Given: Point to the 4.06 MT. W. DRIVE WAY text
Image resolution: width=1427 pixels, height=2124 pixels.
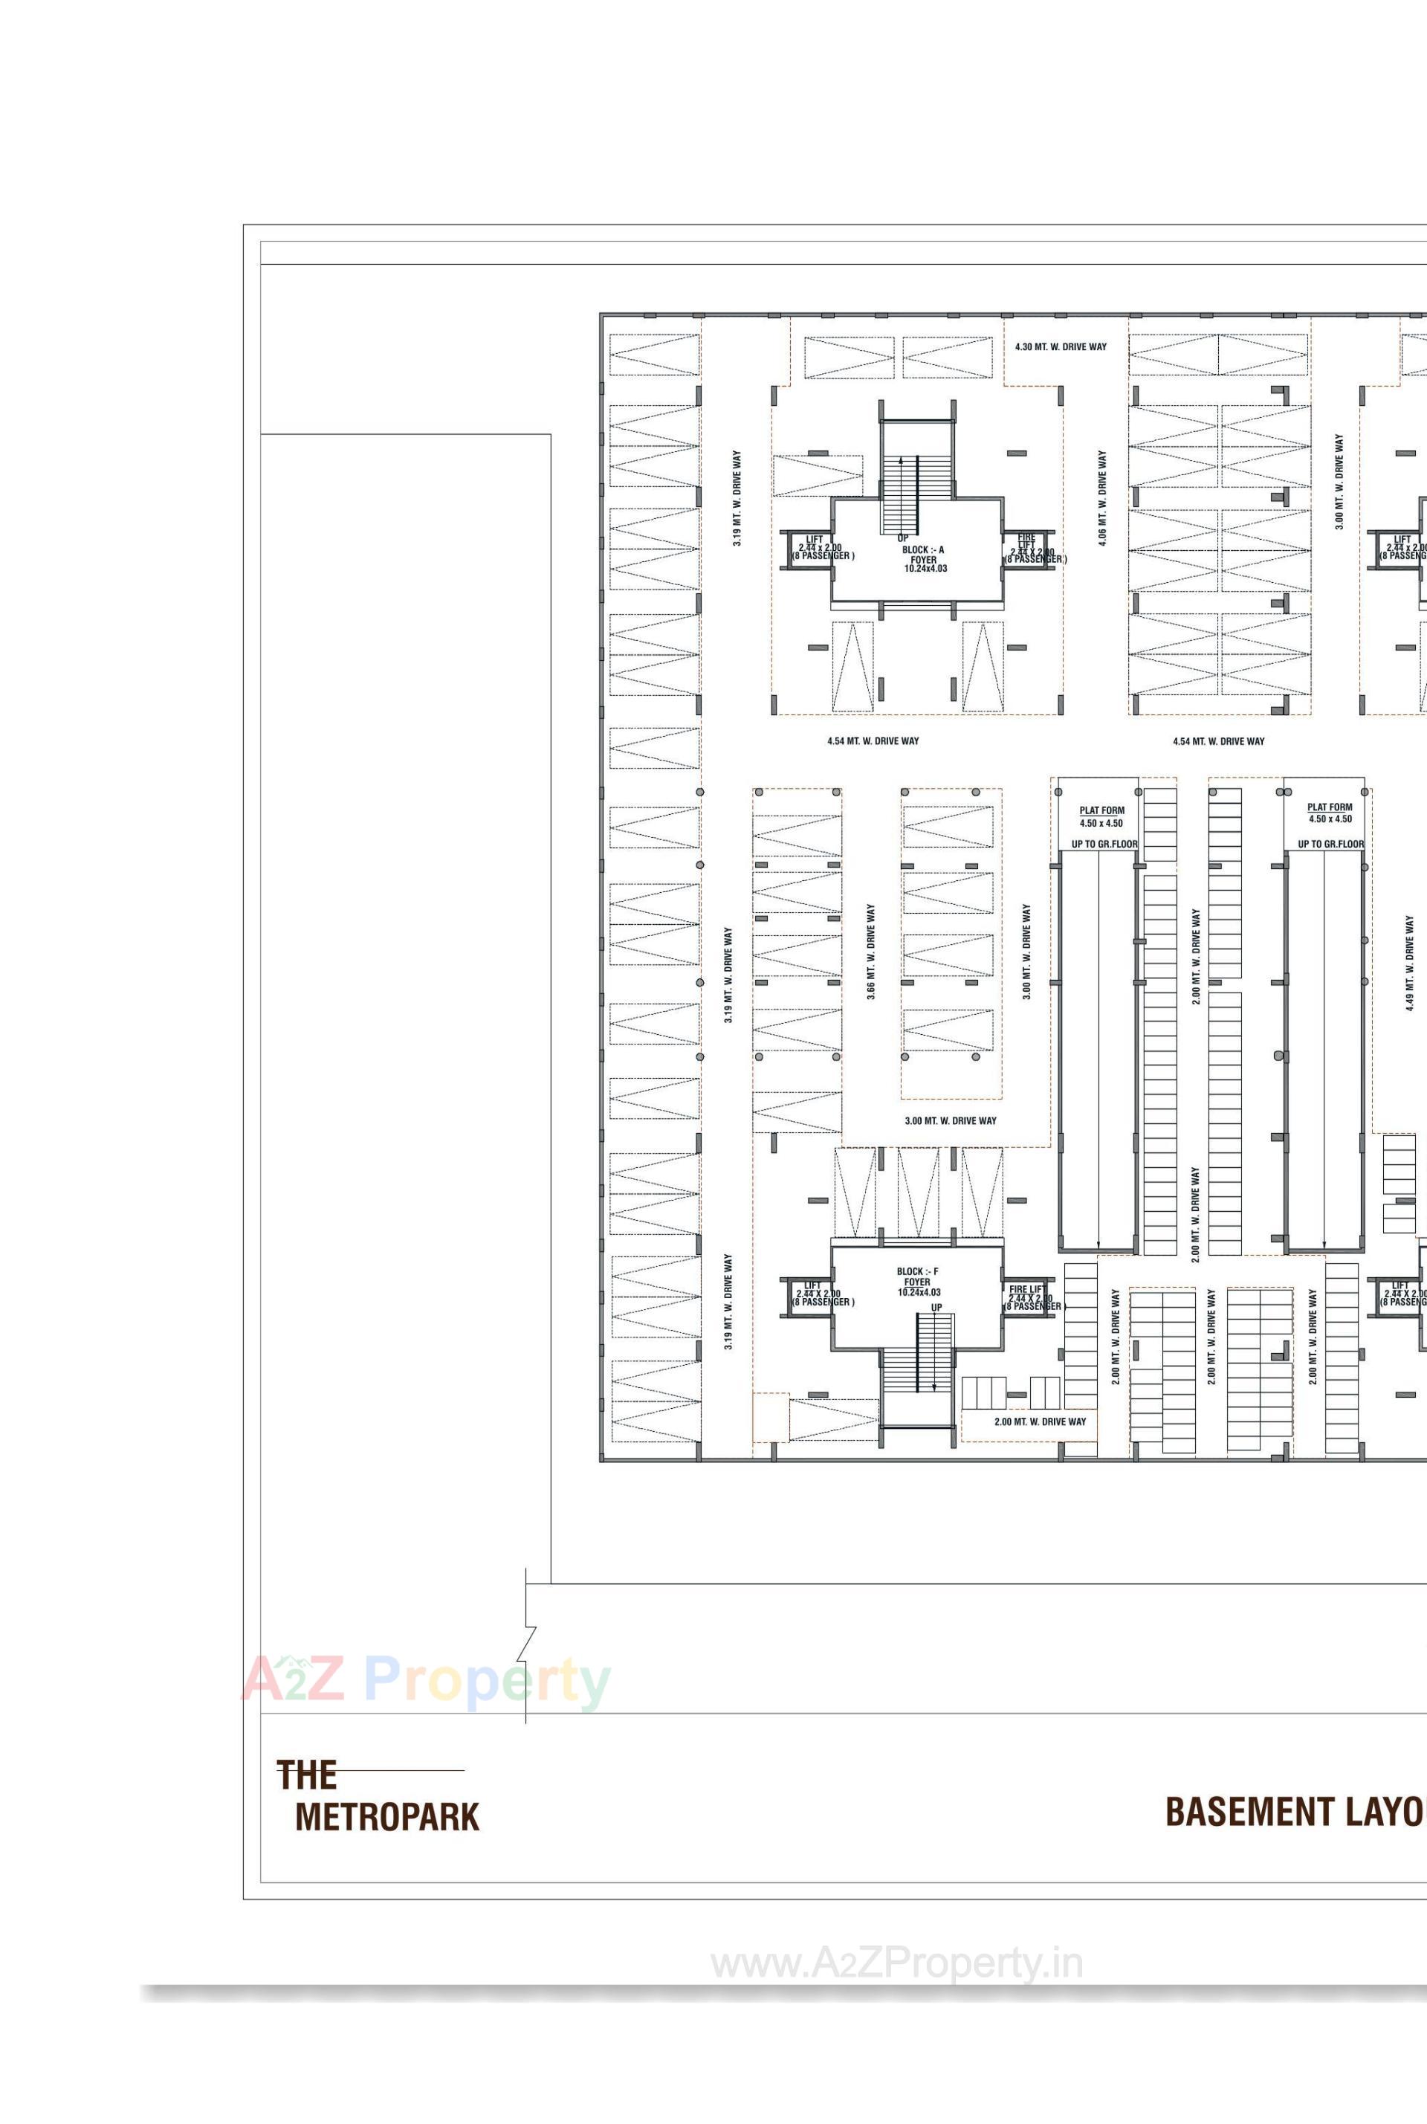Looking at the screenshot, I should tap(1102, 497).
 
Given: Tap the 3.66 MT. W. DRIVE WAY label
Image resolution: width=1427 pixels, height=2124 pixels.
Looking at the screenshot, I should tap(871, 952).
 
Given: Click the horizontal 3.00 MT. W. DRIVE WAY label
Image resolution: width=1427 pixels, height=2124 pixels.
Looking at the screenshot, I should tap(950, 1120).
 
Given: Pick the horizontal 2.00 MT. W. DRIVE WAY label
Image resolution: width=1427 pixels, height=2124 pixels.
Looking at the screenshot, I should tap(1039, 1421).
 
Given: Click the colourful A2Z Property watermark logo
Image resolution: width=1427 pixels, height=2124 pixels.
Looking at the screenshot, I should tap(425, 1679).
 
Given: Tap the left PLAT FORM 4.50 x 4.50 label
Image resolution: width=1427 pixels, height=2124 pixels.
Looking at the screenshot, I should tap(1101, 816).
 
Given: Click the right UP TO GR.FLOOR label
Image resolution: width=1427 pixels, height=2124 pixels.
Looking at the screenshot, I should tap(1330, 844).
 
